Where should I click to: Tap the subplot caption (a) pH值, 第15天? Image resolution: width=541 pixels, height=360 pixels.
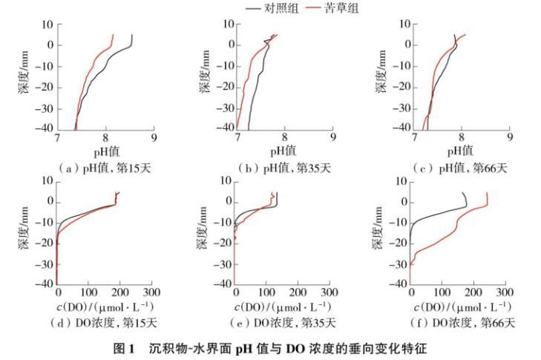pyautogui.click(x=105, y=167)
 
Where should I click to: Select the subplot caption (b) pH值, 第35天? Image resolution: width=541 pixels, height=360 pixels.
pyautogui.click(x=285, y=167)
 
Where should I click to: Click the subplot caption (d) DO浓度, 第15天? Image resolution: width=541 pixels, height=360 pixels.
pyautogui.click(x=105, y=323)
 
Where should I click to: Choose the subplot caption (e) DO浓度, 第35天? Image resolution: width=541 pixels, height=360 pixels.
pyautogui.click(x=284, y=323)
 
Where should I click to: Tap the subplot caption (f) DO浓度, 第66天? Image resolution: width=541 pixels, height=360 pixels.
pyautogui.click(x=462, y=323)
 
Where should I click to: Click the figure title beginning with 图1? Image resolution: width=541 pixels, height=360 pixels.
pyautogui.click(x=269, y=348)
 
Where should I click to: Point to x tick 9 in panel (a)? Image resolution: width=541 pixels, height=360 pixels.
pyautogui.click(x=154, y=137)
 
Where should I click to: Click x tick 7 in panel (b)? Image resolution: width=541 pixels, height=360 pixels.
pyautogui.click(x=237, y=137)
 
